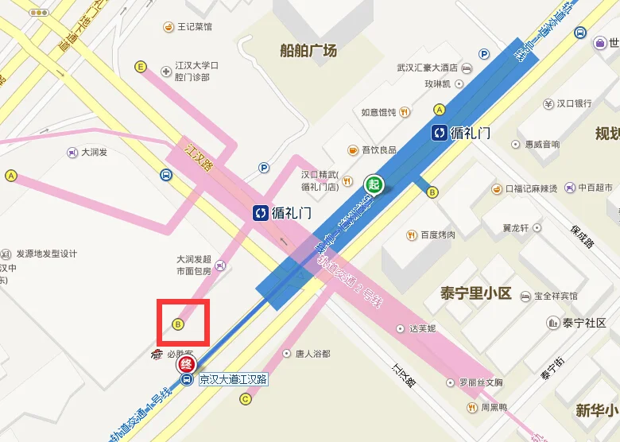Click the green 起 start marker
pos(374,184)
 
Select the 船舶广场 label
pos(308,51)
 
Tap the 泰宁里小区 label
pos(475,293)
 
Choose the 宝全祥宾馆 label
pos(556,296)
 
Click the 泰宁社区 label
pos(584,323)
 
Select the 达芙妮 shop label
pos(421,328)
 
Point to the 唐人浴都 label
pos(312,353)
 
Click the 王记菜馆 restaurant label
pos(195,27)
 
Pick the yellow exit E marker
pos(141,67)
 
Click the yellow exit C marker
pos(245,399)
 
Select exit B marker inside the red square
pos(178,324)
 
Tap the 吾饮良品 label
pos(378,149)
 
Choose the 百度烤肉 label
pos(438,235)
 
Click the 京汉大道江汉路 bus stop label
pos(234,379)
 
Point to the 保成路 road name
pos(582,235)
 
